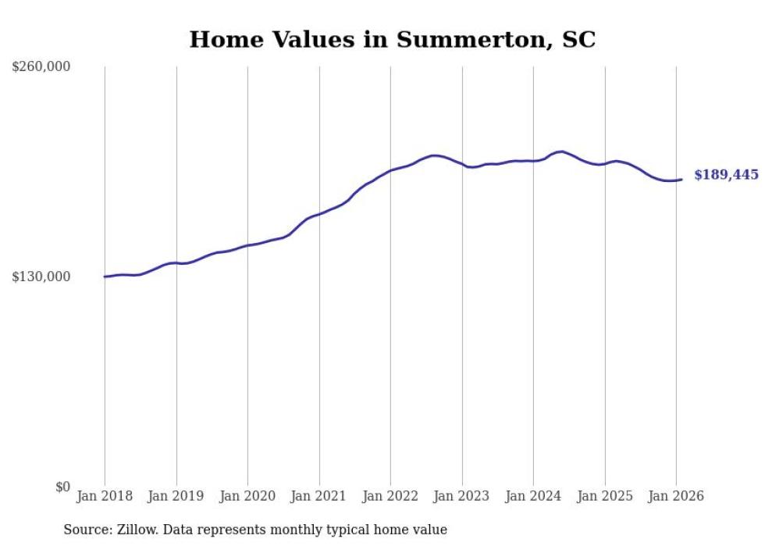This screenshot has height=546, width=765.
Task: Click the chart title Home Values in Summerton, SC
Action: (x=392, y=40)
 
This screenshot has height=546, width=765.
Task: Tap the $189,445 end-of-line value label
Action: (x=726, y=175)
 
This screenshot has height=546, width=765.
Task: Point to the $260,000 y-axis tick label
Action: (x=41, y=67)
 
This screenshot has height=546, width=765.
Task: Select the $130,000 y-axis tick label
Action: (x=41, y=277)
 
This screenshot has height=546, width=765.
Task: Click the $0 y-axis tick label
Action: (x=62, y=487)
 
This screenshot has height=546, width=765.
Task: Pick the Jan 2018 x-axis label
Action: (x=105, y=497)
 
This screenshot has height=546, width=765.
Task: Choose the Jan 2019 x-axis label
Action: (x=176, y=497)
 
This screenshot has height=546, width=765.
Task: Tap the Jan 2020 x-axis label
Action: (x=247, y=497)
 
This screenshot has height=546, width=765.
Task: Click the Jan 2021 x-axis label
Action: (x=319, y=497)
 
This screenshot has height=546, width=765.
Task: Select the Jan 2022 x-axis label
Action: (x=390, y=497)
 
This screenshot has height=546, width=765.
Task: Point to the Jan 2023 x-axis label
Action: (x=462, y=497)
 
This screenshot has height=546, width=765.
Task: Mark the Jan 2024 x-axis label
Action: (x=533, y=497)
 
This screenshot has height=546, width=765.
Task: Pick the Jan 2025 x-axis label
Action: (x=605, y=497)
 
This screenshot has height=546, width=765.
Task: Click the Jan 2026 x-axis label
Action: (x=676, y=497)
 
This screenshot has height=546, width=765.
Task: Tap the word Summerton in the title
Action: (x=463, y=40)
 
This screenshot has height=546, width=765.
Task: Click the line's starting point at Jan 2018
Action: (x=105, y=277)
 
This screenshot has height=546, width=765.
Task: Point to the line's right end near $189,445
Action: (x=681, y=180)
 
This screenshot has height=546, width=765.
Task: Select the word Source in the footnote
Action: (x=86, y=530)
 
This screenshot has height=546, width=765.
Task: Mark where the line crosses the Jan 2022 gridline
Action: (x=390, y=170)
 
